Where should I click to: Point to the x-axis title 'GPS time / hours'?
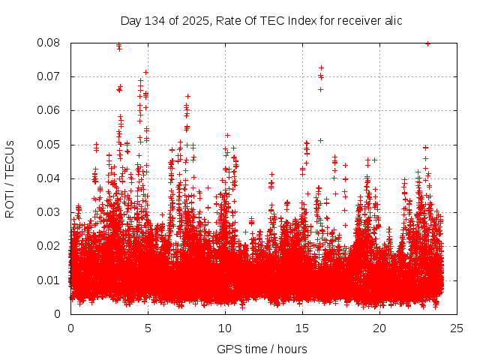(262, 349)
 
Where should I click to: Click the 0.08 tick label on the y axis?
(50, 43)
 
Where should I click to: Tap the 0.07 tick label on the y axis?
(50, 76)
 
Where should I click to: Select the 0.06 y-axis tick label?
(50, 110)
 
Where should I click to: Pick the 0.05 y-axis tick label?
(50, 145)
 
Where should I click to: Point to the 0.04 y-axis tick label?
(50, 178)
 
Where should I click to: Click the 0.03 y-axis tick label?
(50, 212)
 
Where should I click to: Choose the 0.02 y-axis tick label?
(50, 246)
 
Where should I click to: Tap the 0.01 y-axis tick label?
(50, 280)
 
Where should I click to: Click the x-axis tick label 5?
(148, 328)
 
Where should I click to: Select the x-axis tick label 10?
(225, 328)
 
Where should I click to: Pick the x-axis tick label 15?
(302, 328)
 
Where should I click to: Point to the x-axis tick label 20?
(379, 328)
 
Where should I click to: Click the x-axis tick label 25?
(457, 328)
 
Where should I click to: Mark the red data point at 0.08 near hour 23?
(427, 43)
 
